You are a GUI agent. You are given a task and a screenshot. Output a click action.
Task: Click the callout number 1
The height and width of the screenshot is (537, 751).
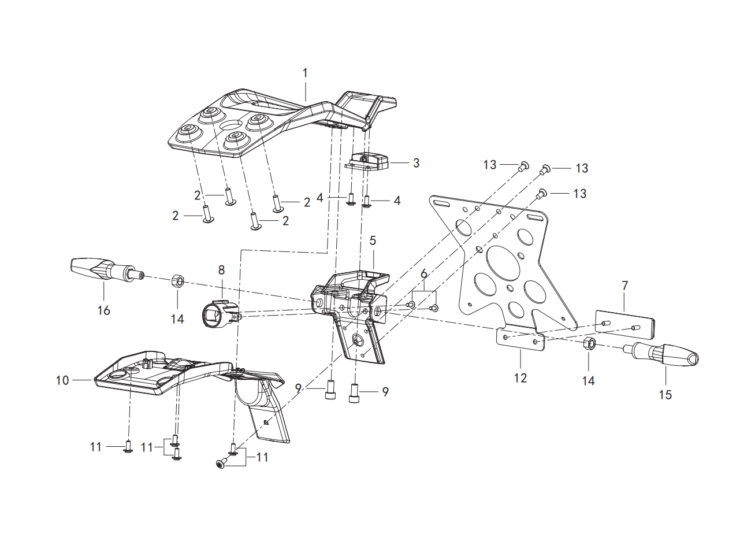[x=305, y=73]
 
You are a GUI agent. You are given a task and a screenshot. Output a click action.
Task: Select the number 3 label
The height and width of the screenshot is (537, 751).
[x=416, y=163]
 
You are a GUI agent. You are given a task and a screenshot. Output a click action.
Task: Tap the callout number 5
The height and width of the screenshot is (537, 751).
[x=373, y=240]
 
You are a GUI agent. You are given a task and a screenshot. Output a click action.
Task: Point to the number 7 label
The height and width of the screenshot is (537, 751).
[x=624, y=286]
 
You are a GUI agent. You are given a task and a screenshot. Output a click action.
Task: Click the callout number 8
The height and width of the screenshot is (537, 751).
[x=221, y=270]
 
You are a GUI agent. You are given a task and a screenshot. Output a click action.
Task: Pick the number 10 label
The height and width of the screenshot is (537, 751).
[x=62, y=380]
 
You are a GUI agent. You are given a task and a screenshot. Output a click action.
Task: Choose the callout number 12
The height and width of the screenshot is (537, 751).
[x=521, y=378]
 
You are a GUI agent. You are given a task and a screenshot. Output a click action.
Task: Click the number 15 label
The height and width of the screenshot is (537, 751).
[x=665, y=395]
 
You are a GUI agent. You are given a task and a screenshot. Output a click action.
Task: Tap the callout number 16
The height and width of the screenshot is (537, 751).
[x=103, y=310]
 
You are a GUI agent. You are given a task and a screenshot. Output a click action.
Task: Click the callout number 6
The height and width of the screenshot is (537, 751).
[x=424, y=273]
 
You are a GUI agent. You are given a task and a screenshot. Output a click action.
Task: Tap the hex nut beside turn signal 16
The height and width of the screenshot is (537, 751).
[x=178, y=281]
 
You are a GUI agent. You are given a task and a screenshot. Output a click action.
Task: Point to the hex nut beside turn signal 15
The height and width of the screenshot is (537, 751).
[x=589, y=344]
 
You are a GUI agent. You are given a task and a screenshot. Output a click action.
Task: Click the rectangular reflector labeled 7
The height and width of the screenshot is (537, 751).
[x=625, y=325]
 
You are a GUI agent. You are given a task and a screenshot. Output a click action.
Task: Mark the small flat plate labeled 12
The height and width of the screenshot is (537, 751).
[x=521, y=339]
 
